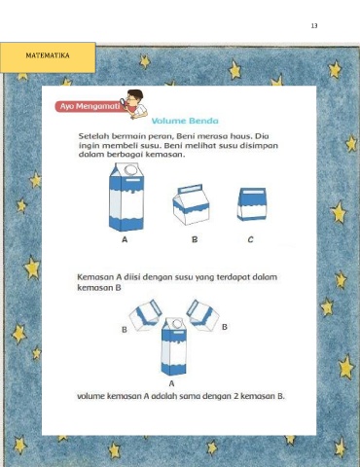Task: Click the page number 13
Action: [314, 26]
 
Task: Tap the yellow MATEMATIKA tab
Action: [48, 57]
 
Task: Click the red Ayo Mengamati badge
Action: [90, 106]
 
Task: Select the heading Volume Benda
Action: [185, 121]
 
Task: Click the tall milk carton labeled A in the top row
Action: [126, 198]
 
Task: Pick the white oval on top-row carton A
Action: [130, 169]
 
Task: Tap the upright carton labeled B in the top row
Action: [191, 204]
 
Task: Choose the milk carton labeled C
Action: [252, 204]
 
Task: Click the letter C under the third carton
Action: [250, 239]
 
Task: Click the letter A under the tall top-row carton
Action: [125, 239]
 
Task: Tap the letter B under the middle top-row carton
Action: [195, 239]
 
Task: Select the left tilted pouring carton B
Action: [145, 315]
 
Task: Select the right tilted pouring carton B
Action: [202, 315]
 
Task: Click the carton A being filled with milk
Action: [174, 346]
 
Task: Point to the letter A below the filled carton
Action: [171, 383]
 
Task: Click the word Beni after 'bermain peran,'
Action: [186, 136]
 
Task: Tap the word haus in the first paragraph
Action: [240, 136]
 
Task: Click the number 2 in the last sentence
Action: [236, 396]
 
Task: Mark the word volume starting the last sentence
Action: [90, 396]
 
